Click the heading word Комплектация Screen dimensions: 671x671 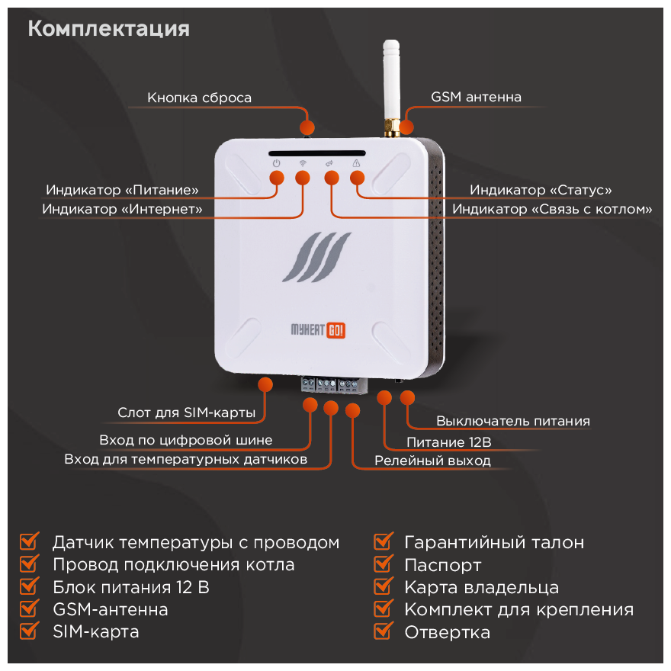[108, 29]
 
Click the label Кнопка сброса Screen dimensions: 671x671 [199, 98]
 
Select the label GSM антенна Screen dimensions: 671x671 [476, 98]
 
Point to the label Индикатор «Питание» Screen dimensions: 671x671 [122, 190]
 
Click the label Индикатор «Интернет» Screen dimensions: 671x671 [122, 208]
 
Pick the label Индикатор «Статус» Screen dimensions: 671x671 [541, 190]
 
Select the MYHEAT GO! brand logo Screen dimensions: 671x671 [319, 329]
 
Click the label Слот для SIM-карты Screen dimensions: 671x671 [186, 413]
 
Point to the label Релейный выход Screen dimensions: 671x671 [432, 461]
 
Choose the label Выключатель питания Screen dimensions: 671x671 [512, 421]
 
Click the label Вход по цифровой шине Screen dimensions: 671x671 [185, 440]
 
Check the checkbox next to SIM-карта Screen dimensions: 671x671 [29, 631]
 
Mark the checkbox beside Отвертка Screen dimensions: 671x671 [383, 631]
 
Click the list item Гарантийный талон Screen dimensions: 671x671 [494, 543]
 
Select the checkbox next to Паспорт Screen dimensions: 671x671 [383, 565]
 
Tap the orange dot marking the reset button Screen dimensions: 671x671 [308, 127]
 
